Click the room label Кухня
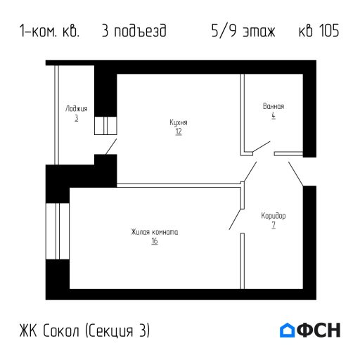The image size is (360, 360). click(x=179, y=122)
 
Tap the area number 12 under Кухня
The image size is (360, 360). click(x=179, y=131)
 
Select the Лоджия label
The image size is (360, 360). click(x=76, y=109)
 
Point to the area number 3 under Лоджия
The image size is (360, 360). click(x=76, y=118)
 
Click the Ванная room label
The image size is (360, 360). click(x=273, y=106)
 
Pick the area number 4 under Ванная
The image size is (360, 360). click(x=273, y=115)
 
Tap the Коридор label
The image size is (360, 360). click(x=273, y=215)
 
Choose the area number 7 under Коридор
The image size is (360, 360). click(x=273, y=225)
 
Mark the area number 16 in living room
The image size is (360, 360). click(x=154, y=241)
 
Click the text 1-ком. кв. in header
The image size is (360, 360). click(x=50, y=32)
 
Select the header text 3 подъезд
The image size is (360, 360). click(x=134, y=32)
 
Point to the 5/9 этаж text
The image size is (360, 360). click(x=243, y=32)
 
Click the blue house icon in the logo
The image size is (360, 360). click(x=288, y=330)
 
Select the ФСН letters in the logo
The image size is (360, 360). click(x=320, y=330)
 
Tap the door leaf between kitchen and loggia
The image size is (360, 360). click(x=110, y=146)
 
